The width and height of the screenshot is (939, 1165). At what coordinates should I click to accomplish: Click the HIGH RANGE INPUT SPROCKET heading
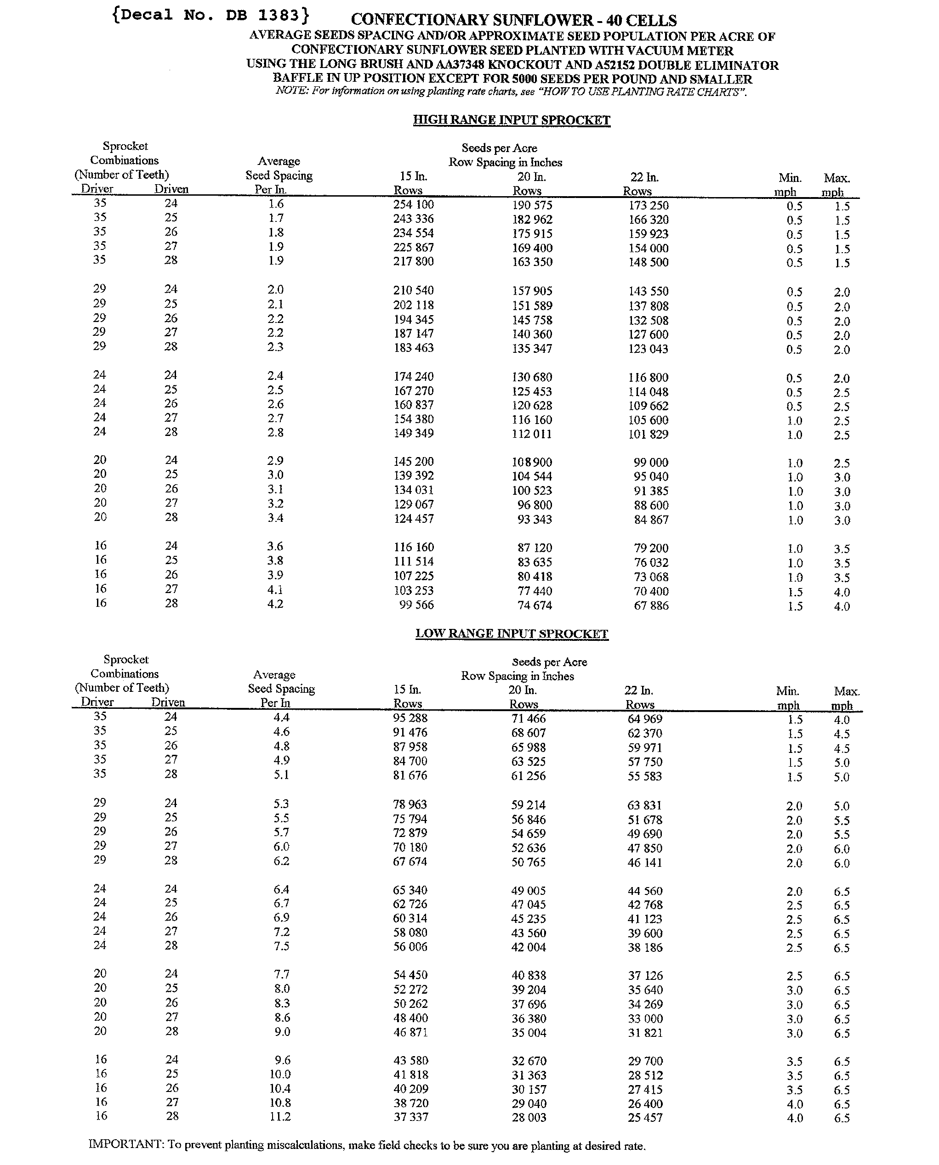click(x=511, y=120)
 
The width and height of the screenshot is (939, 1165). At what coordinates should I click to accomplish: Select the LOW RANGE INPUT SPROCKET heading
click(x=512, y=633)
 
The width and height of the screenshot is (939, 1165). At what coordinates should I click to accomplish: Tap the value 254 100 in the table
click(x=413, y=205)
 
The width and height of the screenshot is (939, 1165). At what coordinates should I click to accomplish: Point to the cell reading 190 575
click(x=532, y=205)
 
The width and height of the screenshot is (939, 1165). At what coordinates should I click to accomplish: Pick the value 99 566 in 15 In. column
click(x=416, y=605)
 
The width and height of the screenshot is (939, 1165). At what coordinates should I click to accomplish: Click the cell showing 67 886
click(x=651, y=606)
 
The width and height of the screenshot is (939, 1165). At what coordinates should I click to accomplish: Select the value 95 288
click(x=410, y=718)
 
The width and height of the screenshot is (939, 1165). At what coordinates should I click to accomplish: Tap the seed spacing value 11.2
click(x=280, y=1117)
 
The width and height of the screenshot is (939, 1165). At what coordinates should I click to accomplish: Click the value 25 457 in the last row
click(x=645, y=1117)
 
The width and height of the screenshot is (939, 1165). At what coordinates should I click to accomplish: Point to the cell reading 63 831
click(x=644, y=805)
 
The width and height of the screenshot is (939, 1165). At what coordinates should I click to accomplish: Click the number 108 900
click(x=532, y=462)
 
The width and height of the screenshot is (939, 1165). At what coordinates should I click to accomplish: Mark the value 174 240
click(x=413, y=377)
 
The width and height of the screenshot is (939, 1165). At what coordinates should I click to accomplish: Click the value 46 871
click(x=410, y=1033)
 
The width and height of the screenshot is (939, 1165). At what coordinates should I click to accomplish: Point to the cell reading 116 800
click(x=648, y=377)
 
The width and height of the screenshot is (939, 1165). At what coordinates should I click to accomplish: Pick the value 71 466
click(x=529, y=719)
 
